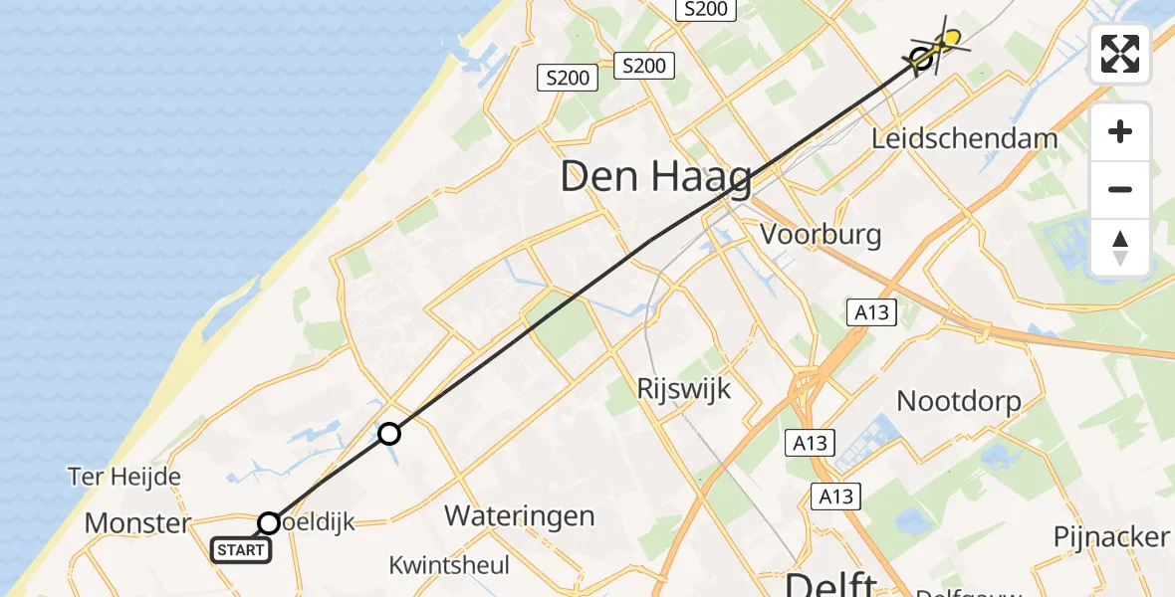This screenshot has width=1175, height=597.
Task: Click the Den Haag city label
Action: click(x=656, y=178)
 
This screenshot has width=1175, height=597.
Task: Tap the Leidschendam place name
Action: click(x=964, y=138)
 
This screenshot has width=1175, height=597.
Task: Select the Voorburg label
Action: click(x=821, y=235)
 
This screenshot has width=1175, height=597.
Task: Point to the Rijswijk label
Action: click(x=684, y=388)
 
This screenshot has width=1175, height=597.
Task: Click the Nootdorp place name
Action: click(x=959, y=401)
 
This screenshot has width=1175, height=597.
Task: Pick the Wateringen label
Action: click(x=519, y=515)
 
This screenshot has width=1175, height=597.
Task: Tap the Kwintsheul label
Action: click(x=448, y=565)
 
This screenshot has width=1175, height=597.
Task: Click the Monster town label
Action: click(x=137, y=522)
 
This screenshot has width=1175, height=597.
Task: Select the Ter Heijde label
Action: click(x=124, y=477)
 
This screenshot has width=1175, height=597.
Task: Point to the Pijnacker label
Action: click(x=1111, y=536)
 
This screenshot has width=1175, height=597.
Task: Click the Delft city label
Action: click(x=831, y=583)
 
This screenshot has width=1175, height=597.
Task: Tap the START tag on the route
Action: click(x=240, y=549)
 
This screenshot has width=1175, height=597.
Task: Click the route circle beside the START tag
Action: click(x=269, y=522)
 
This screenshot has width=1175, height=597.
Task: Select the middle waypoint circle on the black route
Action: click(x=389, y=433)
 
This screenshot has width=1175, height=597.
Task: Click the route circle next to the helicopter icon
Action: click(x=922, y=59)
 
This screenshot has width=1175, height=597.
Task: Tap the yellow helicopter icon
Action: click(x=949, y=41)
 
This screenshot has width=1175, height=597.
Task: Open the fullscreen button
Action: click(x=1120, y=54)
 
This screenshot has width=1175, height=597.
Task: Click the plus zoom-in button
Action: click(x=1120, y=131)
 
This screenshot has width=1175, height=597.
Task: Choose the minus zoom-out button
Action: click(x=1120, y=189)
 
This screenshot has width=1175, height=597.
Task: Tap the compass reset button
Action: click(x=1120, y=247)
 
